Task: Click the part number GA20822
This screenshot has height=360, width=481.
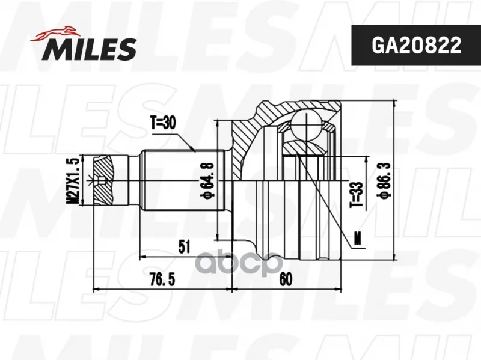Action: [x=416, y=46]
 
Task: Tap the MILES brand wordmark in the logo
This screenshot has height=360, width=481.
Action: [x=90, y=49]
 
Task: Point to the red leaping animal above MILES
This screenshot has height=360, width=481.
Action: [x=55, y=33]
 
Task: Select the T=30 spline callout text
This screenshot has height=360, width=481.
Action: [x=163, y=123]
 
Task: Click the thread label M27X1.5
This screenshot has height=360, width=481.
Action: [x=73, y=180]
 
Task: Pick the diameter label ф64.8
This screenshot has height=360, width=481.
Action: [x=207, y=180]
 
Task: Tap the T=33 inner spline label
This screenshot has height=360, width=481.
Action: [x=357, y=194]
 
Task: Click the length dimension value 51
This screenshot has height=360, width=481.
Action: [x=184, y=246]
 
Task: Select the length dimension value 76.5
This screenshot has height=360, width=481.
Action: [x=162, y=279]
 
